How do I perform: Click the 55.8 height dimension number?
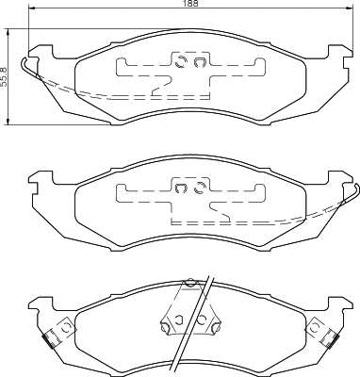5,76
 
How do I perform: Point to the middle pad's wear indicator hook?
352,199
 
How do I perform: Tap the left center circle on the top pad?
180,64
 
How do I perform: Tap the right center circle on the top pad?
199,64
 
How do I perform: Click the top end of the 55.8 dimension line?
10,29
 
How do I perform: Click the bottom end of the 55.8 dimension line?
10,123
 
